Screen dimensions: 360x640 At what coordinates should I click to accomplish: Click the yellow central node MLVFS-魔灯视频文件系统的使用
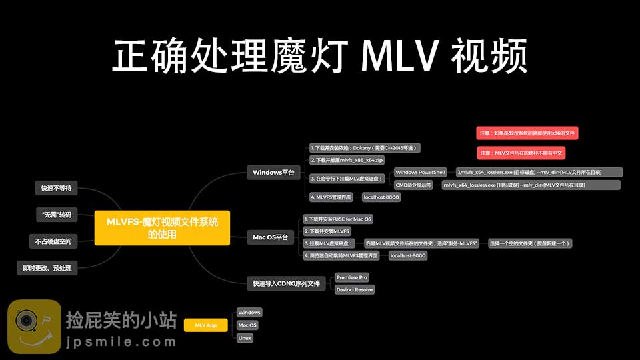click(162, 227)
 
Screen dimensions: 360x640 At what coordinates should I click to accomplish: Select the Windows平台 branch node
click(273, 173)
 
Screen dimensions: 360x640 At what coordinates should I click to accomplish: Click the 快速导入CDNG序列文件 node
click(286, 283)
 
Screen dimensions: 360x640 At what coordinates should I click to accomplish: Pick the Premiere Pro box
click(351, 277)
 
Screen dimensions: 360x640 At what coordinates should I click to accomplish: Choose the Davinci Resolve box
click(355, 289)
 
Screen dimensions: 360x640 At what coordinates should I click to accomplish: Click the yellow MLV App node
click(205, 325)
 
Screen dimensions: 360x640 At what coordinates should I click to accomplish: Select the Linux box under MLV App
click(245, 338)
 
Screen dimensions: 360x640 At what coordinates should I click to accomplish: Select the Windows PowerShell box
click(420, 172)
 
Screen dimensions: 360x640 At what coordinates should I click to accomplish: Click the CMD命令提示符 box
click(413, 184)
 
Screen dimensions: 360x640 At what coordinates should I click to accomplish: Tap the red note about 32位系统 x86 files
click(527, 133)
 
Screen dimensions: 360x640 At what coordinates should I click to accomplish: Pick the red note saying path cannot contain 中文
click(521, 153)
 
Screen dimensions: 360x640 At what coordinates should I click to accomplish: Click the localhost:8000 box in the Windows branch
click(381, 197)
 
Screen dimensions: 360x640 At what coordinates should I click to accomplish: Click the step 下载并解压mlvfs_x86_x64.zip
click(347, 160)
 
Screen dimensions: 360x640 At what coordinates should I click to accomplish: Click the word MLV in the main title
click(401, 57)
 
